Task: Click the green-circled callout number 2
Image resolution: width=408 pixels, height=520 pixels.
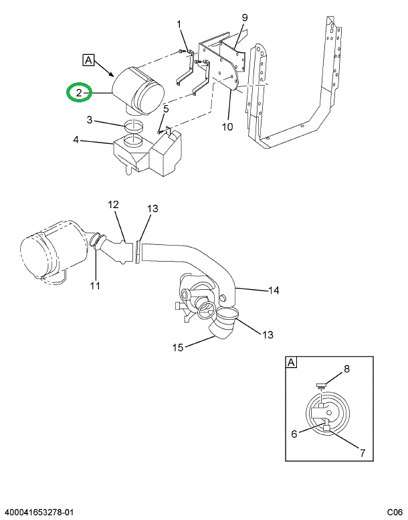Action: tap(79, 93)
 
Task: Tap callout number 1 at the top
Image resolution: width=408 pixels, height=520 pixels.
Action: tap(179, 25)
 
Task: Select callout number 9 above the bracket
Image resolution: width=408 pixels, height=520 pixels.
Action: tap(244, 17)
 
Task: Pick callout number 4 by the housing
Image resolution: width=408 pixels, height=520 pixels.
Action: tap(76, 141)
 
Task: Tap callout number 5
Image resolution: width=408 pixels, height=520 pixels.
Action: tap(166, 108)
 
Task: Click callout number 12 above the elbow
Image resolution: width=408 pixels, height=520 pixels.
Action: tap(113, 203)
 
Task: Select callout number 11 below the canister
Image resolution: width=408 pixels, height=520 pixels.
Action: tap(94, 286)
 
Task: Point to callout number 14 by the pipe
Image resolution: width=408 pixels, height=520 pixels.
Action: tap(273, 290)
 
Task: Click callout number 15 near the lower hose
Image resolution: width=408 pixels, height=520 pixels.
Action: tap(178, 347)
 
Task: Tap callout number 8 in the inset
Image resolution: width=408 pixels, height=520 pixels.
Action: tap(346, 368)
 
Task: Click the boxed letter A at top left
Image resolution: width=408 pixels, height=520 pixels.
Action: tap(88, 60)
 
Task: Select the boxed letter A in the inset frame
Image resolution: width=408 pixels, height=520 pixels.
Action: tap(292, 363)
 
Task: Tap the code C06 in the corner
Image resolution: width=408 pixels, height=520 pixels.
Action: tap(395, 513)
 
